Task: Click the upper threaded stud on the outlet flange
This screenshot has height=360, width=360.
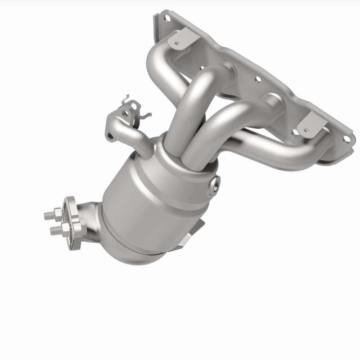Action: click(x=49, y=215)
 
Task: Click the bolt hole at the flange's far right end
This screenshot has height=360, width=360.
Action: click(x=346, y=138)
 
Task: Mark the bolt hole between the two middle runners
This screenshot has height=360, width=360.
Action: click(x=257, y=79)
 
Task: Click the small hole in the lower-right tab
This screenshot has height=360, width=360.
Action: click(x=306, y=131)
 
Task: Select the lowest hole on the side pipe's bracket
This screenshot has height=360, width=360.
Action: click(x=110, y=134)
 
